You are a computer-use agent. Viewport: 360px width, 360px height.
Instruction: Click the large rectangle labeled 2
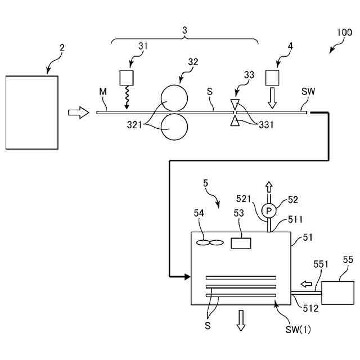31,112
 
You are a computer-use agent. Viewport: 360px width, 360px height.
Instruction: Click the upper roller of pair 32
174,98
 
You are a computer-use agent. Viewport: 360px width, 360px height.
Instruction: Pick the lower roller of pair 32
174,126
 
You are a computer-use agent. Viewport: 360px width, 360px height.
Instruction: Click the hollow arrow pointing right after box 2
78,113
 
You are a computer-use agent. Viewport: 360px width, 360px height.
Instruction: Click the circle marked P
269,210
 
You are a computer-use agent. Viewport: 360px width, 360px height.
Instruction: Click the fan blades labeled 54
210,242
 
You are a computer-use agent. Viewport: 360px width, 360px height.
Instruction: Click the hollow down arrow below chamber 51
242,319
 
